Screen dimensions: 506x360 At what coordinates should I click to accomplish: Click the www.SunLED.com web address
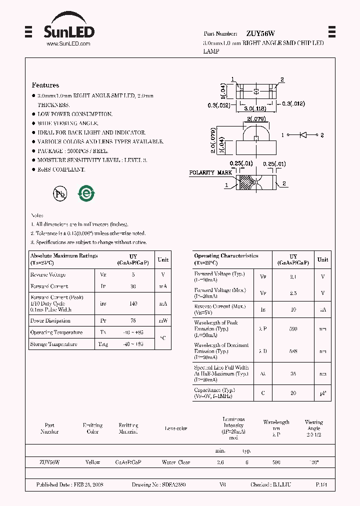pyautogui.click(x=68, y=44)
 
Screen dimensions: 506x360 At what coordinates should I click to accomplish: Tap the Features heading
pyautogui.click(x=45, y=85)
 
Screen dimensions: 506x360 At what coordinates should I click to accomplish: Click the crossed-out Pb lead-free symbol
pyautogui.click(x=60, y=194)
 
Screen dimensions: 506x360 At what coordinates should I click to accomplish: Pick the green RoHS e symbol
pyautogui.click(x=86, y=193)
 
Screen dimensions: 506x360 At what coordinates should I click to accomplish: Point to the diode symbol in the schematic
pyautogui.click(x=302, y=135)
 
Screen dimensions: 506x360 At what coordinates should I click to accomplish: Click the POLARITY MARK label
pyautogui.click(x=210, y=172)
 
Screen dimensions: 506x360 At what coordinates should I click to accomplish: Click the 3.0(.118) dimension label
pyautogui.click(x=254, y=108)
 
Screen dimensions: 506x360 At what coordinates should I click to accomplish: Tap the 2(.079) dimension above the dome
pyautogui.click(x=256, y=119)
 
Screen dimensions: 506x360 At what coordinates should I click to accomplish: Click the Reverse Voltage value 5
pyautogui.click(x=133, y=274)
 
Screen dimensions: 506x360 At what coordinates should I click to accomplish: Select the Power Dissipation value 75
pyautogui.click(x=133, y=321)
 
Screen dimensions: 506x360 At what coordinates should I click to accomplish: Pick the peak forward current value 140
pyautogui.click(x=133, y=303)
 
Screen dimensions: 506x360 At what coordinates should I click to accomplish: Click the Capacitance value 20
pyautogui.click(x=293, y=393)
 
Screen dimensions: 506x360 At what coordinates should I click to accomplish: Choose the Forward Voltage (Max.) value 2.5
pyautogui.click(x=293, y=293)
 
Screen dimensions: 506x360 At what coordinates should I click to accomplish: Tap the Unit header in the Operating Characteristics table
pyautogui.click(x=323, y=259)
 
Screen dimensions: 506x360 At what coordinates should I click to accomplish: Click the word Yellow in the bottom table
pyautogui.click(x=92, y=462)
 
